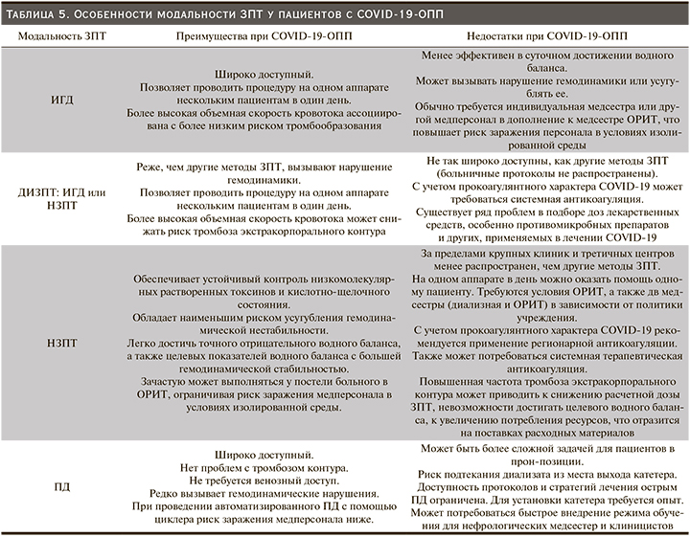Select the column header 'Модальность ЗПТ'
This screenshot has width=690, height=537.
coord(57,34)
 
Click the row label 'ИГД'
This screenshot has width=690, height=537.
coord(57,99)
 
